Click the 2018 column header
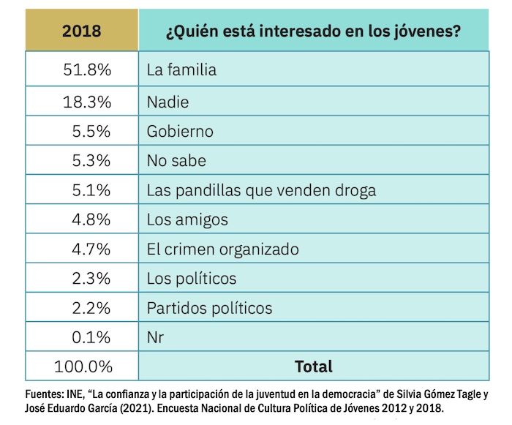pos(81,31)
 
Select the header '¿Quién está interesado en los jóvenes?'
pos(313,31)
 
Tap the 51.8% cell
pos(87,71)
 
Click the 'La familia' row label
pos(181,71)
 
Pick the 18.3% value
pos(87,102)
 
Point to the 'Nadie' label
pos(167,102)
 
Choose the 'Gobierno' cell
pos(180,132)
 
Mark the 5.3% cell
pos(91,161)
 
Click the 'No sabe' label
pos(176,161)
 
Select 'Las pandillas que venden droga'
pos(261,191)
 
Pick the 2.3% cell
pos(91,279)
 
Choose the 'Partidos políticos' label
pos(209,308)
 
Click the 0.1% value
pos(91,337)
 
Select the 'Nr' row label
pos(155,337)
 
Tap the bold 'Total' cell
pos(313,366)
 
